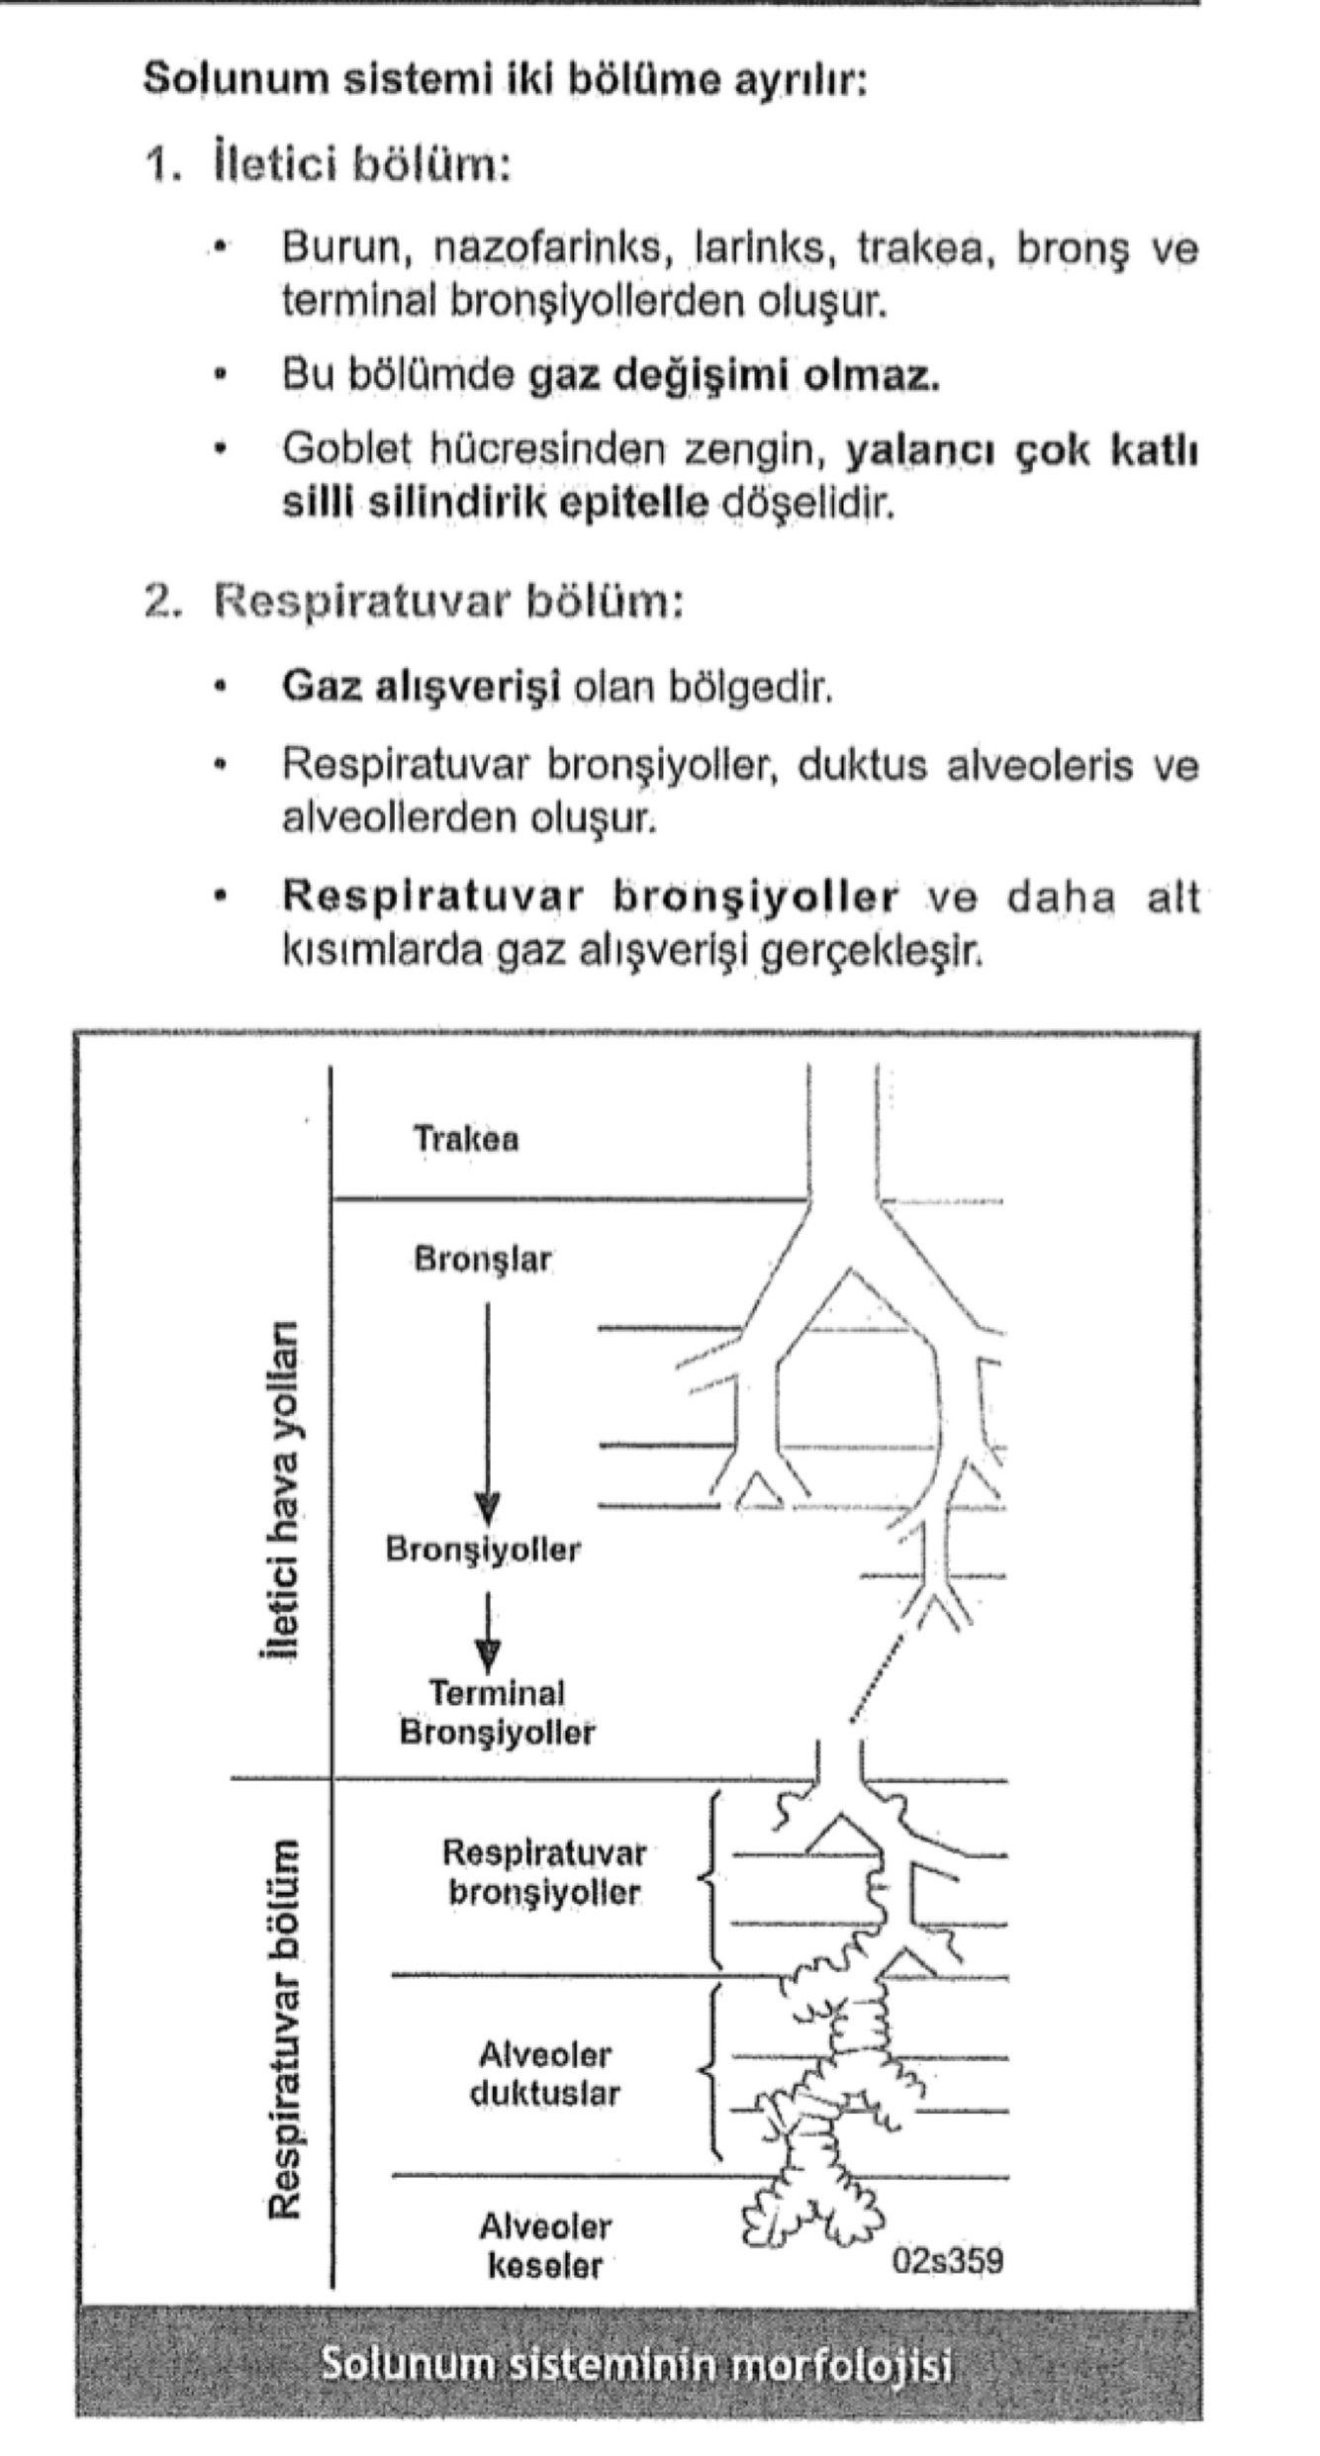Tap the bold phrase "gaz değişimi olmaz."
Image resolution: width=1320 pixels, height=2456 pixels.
point(734,376)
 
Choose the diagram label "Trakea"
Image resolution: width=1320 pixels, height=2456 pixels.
point(465,1139)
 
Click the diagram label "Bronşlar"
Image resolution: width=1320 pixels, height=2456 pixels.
point(483,1260)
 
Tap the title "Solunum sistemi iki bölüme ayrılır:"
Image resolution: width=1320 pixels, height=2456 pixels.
point(505,79)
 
